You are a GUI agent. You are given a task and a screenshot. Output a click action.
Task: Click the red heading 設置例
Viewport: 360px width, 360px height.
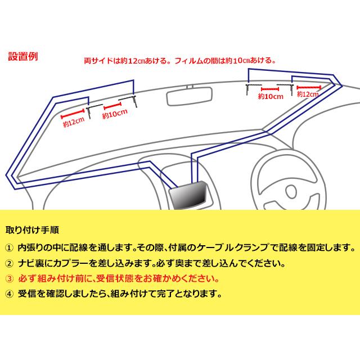(23, 56)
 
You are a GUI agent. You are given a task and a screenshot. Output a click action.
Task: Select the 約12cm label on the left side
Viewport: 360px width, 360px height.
(74, 120)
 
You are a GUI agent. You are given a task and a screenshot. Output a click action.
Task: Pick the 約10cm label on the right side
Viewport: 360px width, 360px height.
(271, 97)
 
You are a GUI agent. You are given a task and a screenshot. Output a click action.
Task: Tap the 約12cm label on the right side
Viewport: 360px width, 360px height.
(309, 94)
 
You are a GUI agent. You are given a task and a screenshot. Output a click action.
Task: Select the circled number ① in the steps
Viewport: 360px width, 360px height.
(8, 247)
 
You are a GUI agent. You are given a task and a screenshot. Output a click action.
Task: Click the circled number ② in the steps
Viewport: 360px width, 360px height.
(8, 263)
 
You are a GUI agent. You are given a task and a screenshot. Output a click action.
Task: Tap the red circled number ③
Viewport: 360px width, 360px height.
(8, 278)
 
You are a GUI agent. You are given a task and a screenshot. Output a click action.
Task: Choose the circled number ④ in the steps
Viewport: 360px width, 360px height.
(8, 294)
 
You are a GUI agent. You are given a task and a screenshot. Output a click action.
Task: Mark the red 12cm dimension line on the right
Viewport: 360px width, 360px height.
(309, 87)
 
